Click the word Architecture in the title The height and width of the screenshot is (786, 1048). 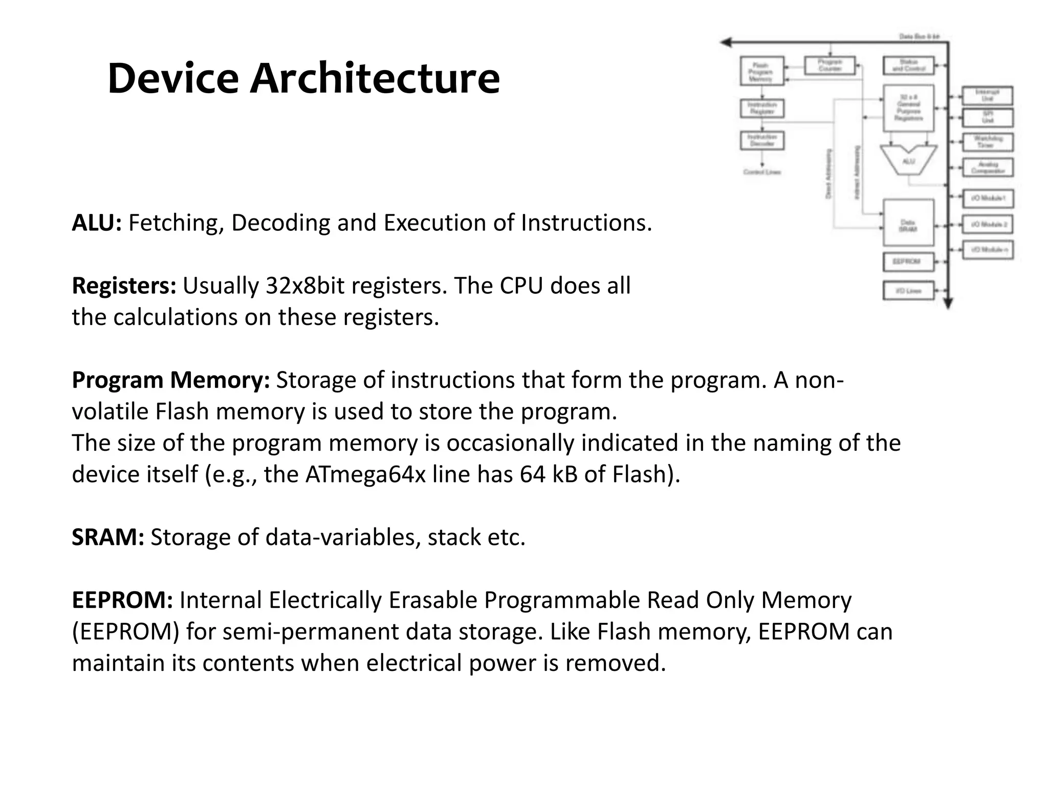click(375, 78)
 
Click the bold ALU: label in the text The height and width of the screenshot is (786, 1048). click(97, 223)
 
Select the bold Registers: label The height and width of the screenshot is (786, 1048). click(124, 286)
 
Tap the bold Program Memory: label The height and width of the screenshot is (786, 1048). click(170, 380)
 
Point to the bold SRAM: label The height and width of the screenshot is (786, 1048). click(107, 537)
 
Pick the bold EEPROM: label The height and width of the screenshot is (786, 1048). click(122, 600)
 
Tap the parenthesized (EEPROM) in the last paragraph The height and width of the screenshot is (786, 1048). click(125, 631)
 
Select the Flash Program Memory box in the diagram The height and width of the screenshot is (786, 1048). click(761, 71)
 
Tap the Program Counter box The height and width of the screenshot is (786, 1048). click(830, 65)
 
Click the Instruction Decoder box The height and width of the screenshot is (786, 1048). click(762, 140)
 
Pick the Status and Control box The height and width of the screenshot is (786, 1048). click(909, 65)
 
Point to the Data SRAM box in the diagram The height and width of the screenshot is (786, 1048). click(908, 223)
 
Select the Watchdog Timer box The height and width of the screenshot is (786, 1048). click(988, 142)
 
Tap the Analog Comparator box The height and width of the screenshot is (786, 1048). click(988, 167)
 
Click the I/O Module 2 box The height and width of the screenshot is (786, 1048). click(988, 224)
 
